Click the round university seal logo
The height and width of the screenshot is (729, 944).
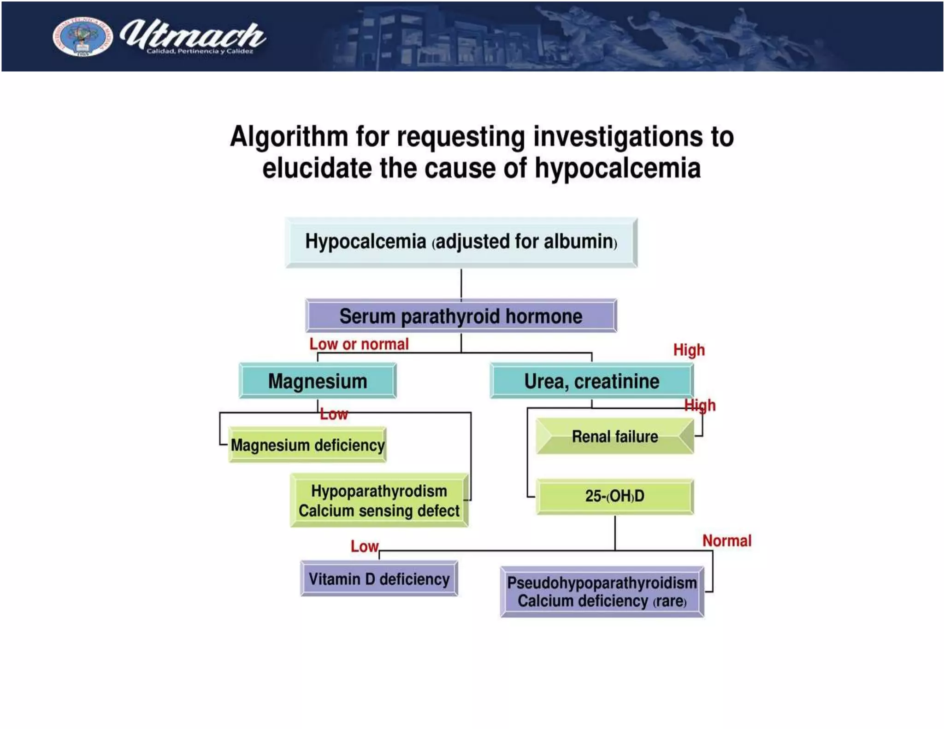[82, 36]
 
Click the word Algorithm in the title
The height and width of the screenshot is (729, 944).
[289, 137]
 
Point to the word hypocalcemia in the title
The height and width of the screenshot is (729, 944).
[618, 168]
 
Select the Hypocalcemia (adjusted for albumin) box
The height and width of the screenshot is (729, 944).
[461, 242]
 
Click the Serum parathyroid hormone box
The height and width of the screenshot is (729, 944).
[461, 316]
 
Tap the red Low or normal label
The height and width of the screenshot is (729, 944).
[359, 344]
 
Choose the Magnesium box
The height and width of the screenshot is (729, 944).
[318, 381]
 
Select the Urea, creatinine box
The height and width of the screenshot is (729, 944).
[591, 381]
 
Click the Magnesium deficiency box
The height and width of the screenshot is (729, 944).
[307, 445]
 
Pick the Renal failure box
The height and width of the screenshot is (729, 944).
[614, 436]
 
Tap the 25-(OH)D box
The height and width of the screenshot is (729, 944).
[614, 496]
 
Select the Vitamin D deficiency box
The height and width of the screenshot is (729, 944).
[379, 579]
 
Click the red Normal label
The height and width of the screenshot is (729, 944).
[726, 541]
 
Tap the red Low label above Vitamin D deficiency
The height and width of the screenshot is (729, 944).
[364, 547]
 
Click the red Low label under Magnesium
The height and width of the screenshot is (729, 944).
[334, 414]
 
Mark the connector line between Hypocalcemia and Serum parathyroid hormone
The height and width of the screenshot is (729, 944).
[461, 284]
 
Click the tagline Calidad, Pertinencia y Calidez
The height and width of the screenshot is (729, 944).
[200, 51]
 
